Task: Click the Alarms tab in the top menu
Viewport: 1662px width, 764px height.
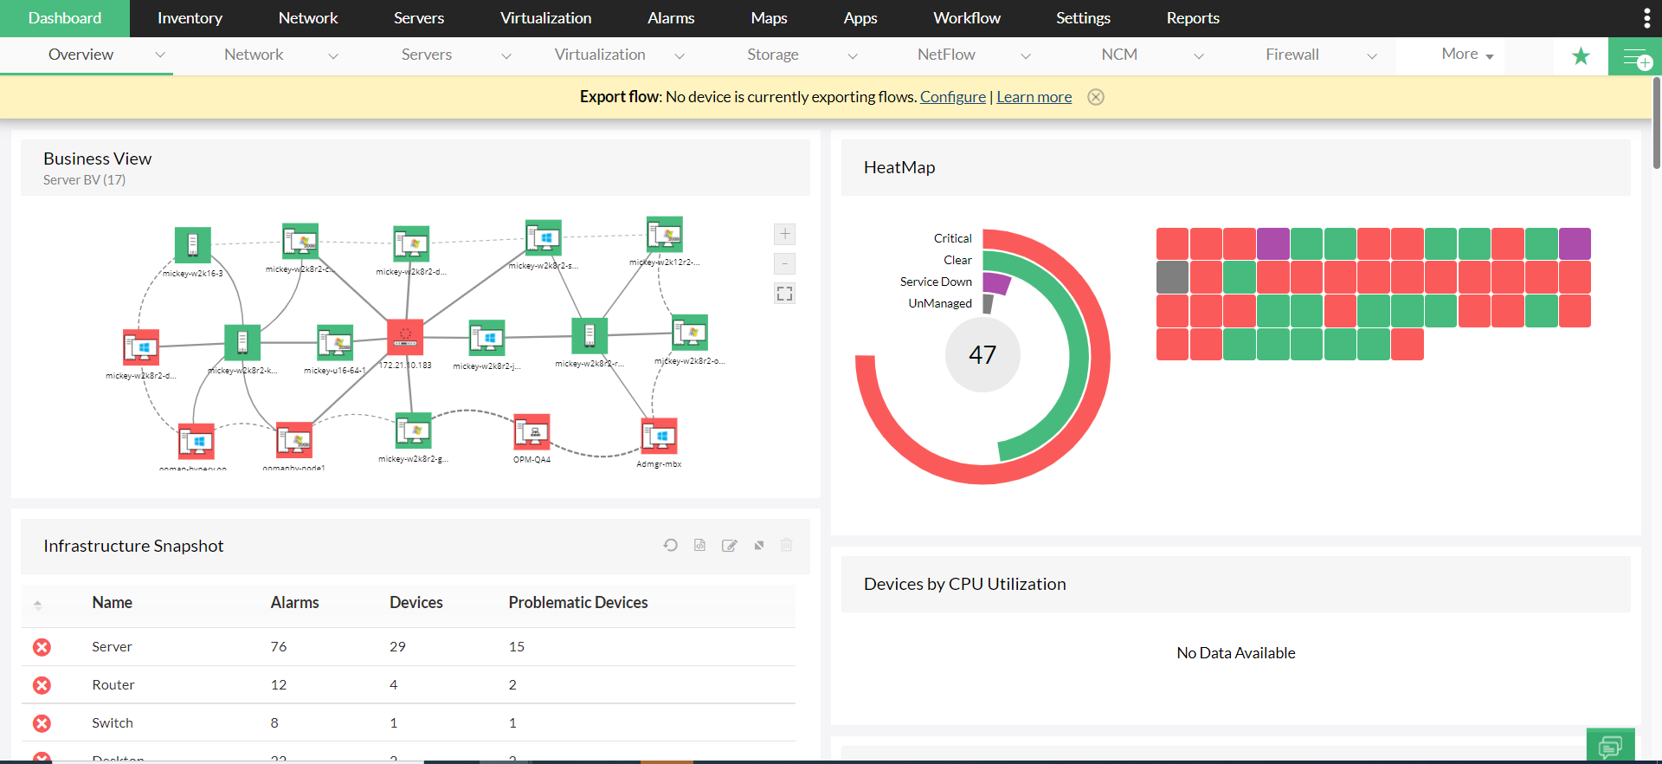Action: coord(671,18)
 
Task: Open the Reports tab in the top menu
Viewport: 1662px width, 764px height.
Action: coord(1192,18)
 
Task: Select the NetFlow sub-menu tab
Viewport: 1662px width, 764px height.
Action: coord(946,55)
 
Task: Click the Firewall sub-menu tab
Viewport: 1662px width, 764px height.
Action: coord(1292,55)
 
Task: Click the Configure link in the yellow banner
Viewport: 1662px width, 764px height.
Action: coord(952,97)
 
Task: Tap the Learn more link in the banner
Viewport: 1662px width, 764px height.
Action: coord(1034,97)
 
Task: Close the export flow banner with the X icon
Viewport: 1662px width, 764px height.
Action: coord(1096,97)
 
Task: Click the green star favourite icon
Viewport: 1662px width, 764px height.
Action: coord(1581,56)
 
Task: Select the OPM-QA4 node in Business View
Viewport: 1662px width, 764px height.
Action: coord(531,432)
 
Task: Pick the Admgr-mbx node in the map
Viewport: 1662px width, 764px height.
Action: coord(659,437)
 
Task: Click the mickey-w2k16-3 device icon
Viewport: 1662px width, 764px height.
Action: coord(192,245)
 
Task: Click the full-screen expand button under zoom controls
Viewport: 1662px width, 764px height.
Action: coord(784,294)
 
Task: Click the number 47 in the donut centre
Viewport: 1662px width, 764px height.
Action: coord(982,355)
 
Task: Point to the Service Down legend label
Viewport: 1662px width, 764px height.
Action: coord(936,282)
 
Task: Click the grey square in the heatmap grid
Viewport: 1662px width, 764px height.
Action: coord(1172,277)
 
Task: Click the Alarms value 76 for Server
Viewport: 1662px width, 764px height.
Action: coord(278,647)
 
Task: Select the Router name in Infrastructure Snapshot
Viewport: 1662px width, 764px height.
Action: coord(113,685)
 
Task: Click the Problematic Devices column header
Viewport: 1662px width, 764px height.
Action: coord(577,603)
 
